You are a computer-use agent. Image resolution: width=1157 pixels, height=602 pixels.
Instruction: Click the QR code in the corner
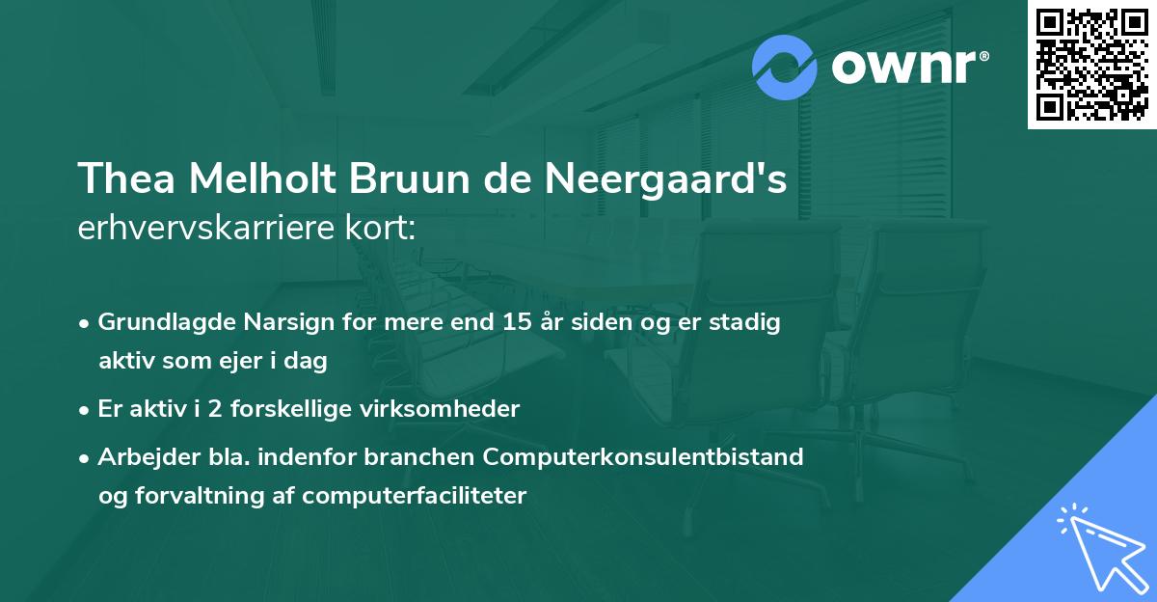tap(1092, 64)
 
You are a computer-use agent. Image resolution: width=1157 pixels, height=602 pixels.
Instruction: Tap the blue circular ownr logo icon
tap(785, 68)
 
